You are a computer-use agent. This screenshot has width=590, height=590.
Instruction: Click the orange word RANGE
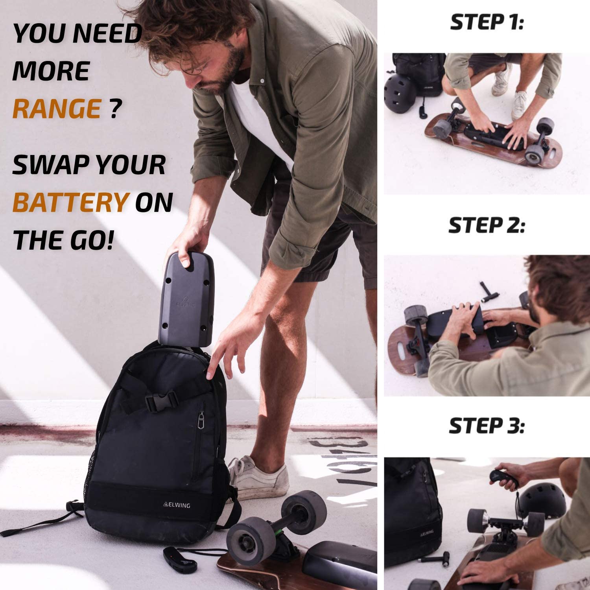(57, 108)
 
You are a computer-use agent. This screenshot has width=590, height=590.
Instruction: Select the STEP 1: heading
(487, 22)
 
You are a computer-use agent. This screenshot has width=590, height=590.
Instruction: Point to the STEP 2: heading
(487, 225)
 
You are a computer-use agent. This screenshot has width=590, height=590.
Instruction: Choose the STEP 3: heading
(487, 426)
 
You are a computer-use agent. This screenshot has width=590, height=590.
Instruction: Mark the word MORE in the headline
(51, 71)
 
